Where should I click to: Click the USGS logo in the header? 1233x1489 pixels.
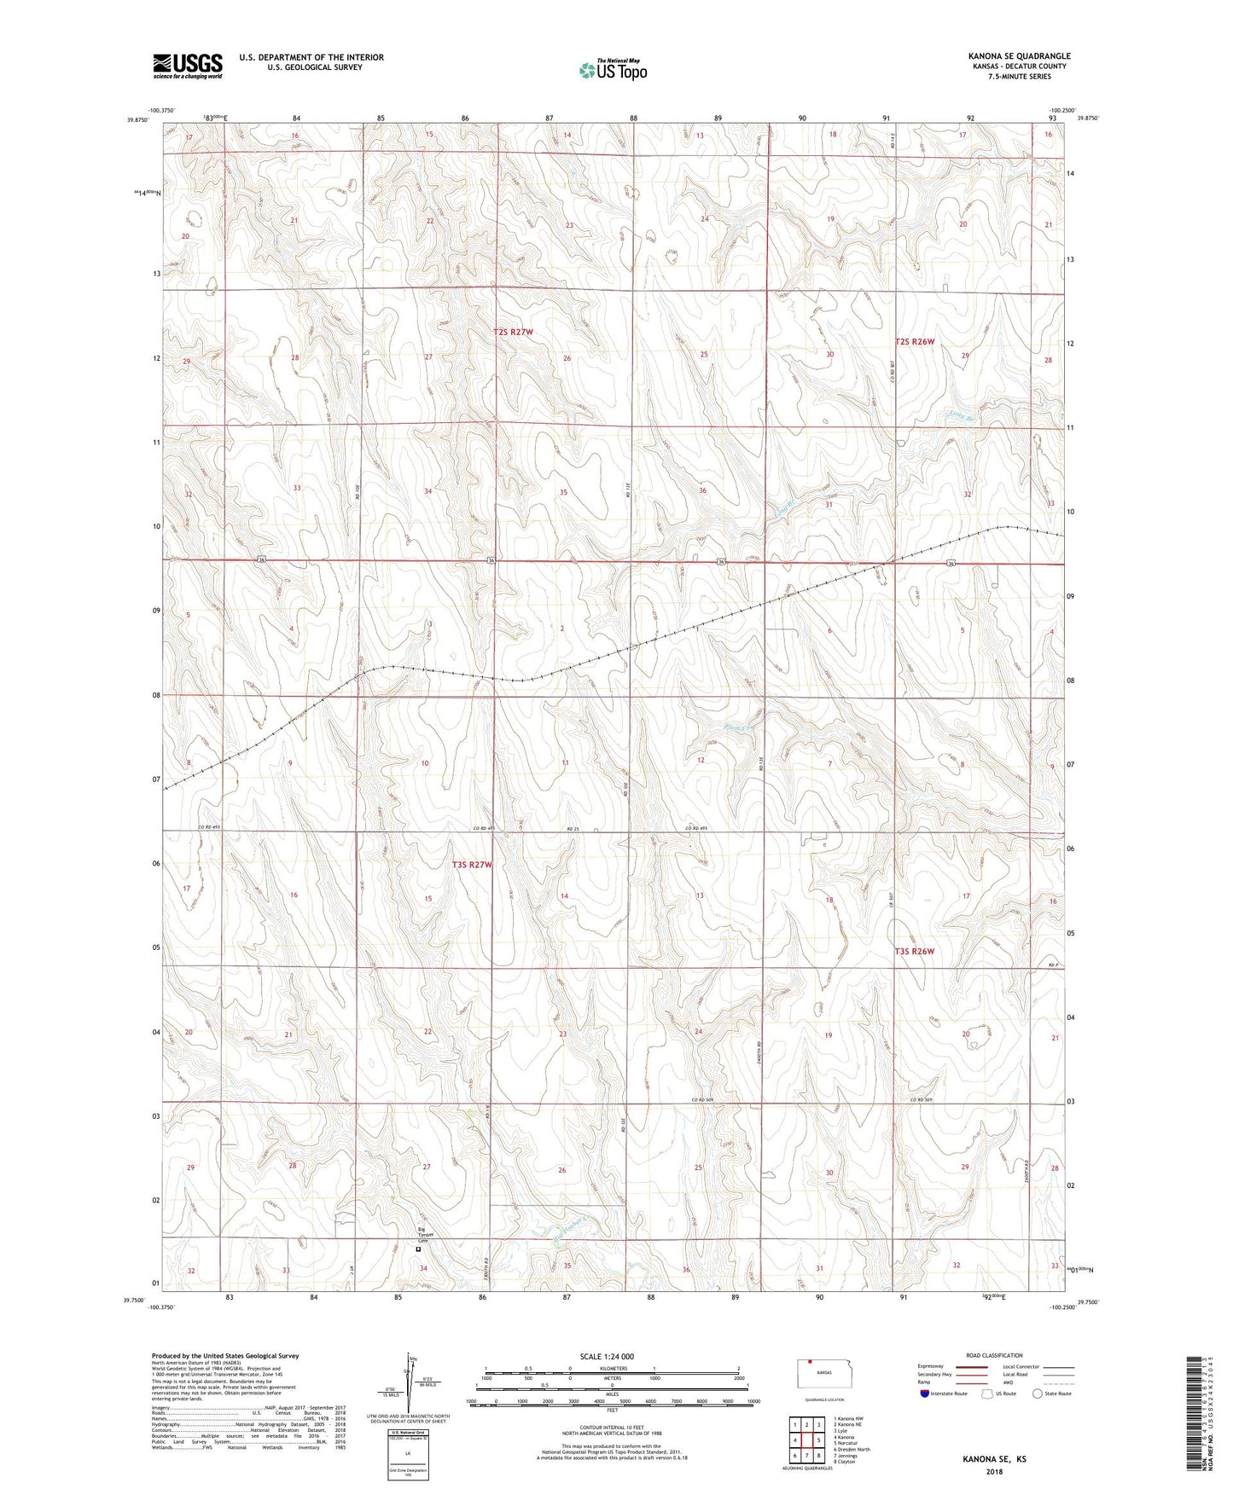pyautogui.click(x=188, y=66)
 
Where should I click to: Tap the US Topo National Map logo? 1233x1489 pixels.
pyautogui.click(x=612, y=69)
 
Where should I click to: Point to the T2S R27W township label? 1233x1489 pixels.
pyautogui.click(x=513, y=332)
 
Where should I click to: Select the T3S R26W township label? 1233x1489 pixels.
pyautogui.click(x=915, y=951)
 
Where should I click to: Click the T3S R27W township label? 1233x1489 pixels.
pyautogui.click(x=472, y=865)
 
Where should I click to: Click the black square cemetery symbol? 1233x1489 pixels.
pyautogui.click(x=418, y=1249)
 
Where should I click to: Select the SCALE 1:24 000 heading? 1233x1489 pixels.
pyautogui.click(x=607, y=1356)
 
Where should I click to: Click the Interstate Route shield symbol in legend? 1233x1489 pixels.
pyautogui.click(x=925, y=1393)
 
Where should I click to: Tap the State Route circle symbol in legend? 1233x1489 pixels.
pyautogui.click(x=1037, y=1393)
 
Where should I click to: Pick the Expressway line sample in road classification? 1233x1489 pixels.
pyautogui.click(x=972, y=1366)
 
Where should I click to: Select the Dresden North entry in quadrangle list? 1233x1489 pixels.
pyautogui.click(x=852, y=1449)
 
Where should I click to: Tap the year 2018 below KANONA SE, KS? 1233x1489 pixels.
pyautogui.click(x=994, y=1471)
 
